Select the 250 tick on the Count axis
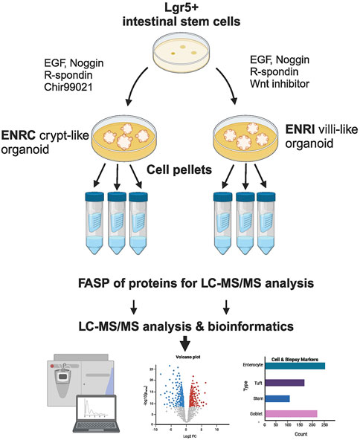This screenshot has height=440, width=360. tap(324, 424)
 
